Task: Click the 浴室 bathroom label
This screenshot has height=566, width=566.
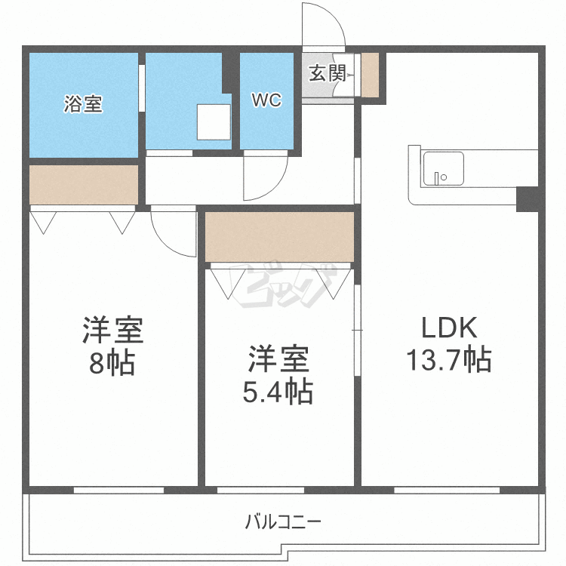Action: click(x=83, y=104)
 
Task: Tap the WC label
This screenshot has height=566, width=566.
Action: click(x=266, y=100)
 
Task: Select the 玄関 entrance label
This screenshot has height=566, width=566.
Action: click(x=327, y=74)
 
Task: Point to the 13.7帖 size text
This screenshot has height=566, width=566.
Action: click(x=449, y=359)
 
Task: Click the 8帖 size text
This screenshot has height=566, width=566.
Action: click(x=112, y=363)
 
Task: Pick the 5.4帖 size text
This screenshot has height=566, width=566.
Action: click(x=278, y=392)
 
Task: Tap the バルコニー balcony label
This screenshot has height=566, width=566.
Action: click(x=283, y=521)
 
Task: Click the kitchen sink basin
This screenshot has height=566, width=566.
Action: click(x=443, y=168)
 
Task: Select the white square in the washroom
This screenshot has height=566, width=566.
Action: click(x=212, y=122)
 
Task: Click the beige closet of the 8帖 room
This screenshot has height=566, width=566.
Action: click(x=84, y=184)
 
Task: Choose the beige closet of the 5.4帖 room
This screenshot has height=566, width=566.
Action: click(x=279, y=237)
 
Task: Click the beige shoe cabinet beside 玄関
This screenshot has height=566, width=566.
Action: click(x=370, y=75)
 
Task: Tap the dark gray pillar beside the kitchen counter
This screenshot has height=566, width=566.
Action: click(x=526, y=198)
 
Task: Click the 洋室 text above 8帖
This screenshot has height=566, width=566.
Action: click(x=112, y=331)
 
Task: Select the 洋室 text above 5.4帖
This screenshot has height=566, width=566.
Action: click(x=278, y=359)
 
